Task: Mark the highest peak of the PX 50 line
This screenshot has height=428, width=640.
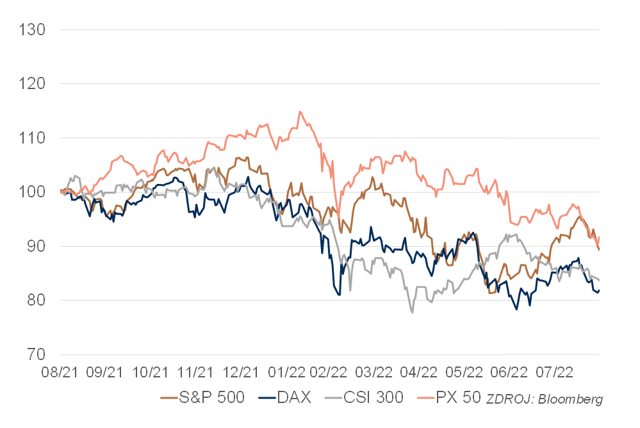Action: [x=300, y=111]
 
